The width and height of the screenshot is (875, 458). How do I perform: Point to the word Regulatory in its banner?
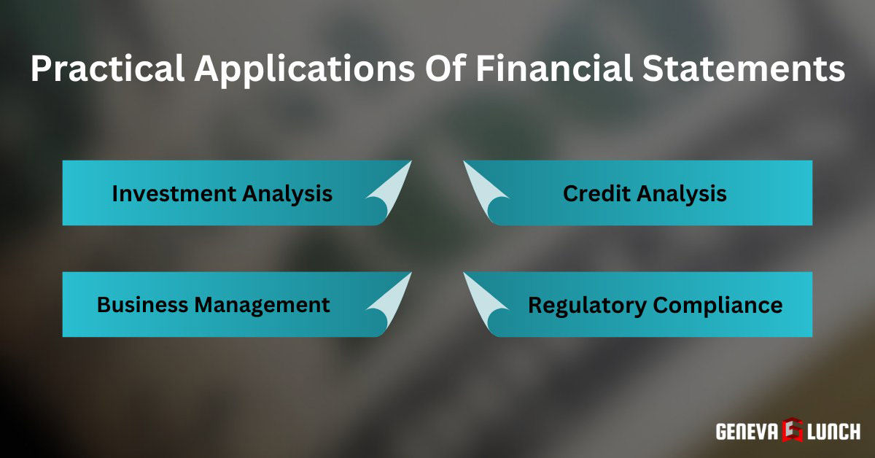tap(587, 305)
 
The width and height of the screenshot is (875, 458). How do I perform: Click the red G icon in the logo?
tap(793, 431)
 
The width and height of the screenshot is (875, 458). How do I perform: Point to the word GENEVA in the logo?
tap(745, 432)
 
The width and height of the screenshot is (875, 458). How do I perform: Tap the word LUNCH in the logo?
tap(833, 432)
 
